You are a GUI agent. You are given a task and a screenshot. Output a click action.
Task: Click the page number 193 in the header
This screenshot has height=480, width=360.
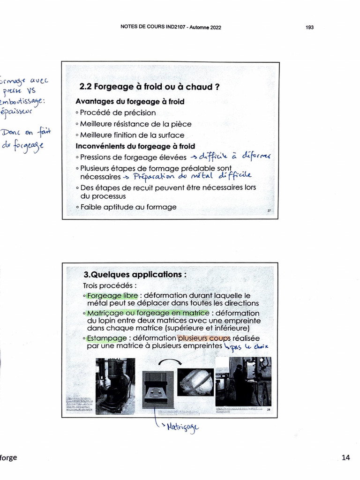(x=309, y=28)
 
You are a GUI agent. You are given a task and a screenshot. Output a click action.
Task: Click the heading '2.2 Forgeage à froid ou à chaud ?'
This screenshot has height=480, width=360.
(x=150, y=87)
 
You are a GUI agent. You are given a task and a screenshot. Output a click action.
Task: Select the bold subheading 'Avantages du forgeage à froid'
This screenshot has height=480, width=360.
(x=130, y=101)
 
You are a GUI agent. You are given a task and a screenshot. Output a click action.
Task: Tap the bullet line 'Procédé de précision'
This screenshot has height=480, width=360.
(x=118, y=112)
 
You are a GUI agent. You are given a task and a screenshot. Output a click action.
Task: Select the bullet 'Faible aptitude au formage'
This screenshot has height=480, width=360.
(x=128, y=207)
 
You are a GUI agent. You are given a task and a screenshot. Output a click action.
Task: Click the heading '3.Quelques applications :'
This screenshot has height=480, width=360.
(x=134, y=274)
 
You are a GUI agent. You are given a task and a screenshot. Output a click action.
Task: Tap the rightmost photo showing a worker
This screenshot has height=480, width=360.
(x=243, y=382)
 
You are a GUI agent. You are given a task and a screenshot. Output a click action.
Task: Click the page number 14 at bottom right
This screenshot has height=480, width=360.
(x=346, y=457)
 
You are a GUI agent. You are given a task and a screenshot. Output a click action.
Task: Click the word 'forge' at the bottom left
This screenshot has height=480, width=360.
(x=8, y=457)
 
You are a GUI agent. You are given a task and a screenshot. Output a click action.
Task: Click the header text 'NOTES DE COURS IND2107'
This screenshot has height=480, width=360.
(x=153, y=27)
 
